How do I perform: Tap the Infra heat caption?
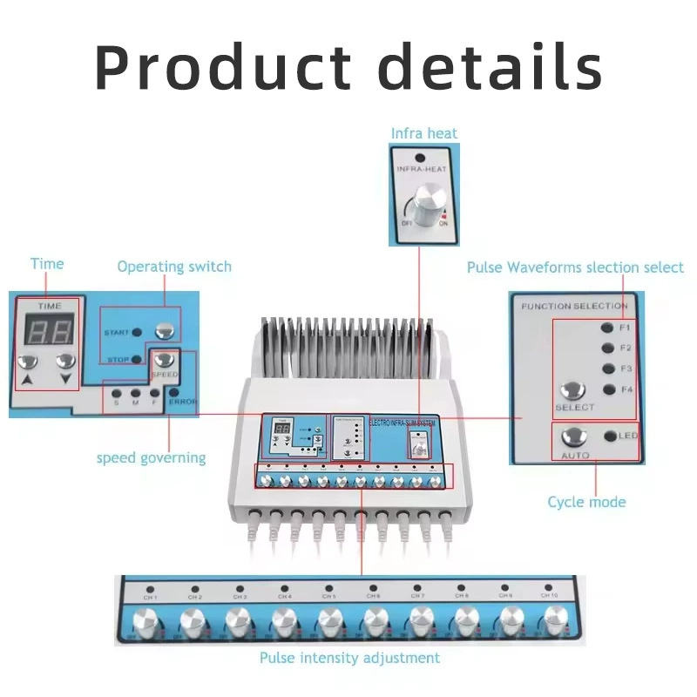point(423,133)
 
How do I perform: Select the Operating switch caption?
point(174,267)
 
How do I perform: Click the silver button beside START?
point(163,330)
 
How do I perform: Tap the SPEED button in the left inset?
point(164,359)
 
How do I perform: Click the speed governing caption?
point(151,457)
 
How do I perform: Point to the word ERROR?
point(183,402)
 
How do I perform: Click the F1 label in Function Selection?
point(625,328)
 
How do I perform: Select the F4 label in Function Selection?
point(625,389)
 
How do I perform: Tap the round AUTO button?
point(574,436)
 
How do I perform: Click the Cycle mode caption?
point(586,502)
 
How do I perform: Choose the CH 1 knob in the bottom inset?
point(149,623)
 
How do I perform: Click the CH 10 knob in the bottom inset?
point(551,623)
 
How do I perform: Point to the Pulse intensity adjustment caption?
point(349,658)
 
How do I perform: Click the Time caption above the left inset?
point(47,264)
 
